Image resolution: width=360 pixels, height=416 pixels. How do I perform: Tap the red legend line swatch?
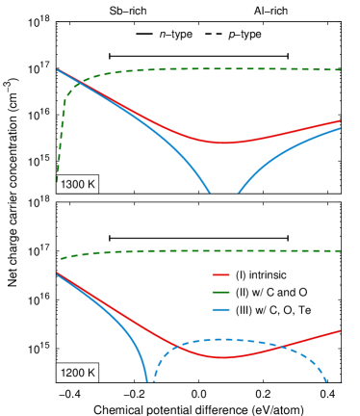click(221, 275)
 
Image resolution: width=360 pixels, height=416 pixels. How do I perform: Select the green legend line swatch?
click(221, 293)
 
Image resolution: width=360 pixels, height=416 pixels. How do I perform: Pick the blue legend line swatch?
click(221, 309)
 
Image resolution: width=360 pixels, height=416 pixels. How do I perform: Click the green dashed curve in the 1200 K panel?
click(193, 250)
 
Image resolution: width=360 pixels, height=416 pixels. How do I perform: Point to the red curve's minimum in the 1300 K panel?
click(223, 143)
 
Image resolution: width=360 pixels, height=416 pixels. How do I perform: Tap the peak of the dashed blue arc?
click(225, 339)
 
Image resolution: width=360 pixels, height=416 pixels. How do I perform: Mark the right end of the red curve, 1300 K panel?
click(341, 121)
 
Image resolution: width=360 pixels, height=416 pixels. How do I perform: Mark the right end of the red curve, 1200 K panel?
click(341, 330)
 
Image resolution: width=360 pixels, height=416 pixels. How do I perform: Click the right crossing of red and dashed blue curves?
click(279, 348)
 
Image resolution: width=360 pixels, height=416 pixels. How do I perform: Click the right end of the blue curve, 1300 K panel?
click(341, 128)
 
